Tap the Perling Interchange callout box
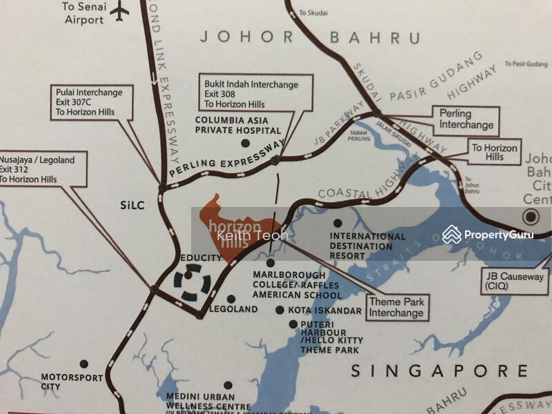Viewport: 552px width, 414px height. pos(466,119)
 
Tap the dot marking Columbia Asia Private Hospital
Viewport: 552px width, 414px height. pos(244,144)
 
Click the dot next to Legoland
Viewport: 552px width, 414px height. pos(231,299)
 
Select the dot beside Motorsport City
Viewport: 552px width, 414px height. pos(83,364)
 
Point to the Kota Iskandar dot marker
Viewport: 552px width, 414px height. pos(279,310)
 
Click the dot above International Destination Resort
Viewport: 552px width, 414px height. pos(337,223)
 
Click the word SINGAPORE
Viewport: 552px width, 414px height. pos(438,371)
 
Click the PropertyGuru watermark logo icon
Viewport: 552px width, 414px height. pos(452,234)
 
